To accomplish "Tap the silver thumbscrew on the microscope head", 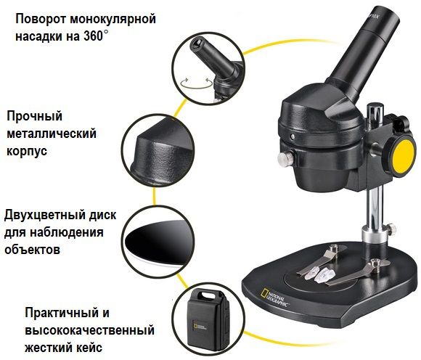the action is [285, 158].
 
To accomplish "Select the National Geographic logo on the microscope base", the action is [275, 298].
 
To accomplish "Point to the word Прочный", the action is [34, 117].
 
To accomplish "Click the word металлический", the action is [52, 134].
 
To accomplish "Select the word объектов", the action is [32, 250].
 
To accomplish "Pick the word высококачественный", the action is [90, 330].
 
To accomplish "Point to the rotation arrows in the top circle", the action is [196, 83].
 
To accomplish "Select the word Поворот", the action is [42, 20].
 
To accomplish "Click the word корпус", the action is [27, 151].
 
